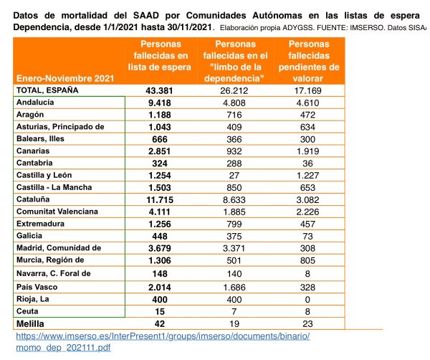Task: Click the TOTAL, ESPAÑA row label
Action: click(47, 90)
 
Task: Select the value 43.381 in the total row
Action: click(159, 91)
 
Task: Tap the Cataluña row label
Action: click(33, 199)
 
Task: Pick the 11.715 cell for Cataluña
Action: click(160, 200)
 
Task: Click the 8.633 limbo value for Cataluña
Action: click(234, 200)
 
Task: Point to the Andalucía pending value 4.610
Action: click(307, 103)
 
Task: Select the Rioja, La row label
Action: click(33, 299)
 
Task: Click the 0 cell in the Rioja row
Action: click(307, 299)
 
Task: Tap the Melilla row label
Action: click(30, 323)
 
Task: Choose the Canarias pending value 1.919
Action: click(307, 151)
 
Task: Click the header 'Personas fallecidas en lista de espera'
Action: click(161, 56)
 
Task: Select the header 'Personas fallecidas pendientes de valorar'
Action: click(309, 61)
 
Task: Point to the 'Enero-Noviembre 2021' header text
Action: click(65, 78)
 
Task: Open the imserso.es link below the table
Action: click(163, 341)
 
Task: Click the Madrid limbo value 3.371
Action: click(234, 248)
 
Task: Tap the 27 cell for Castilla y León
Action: click(234, 175)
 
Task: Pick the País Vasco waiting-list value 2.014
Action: click(160, 288)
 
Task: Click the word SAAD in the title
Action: click(146, 15)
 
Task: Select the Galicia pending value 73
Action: click(307, 236)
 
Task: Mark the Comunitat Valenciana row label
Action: click(57, 212)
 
